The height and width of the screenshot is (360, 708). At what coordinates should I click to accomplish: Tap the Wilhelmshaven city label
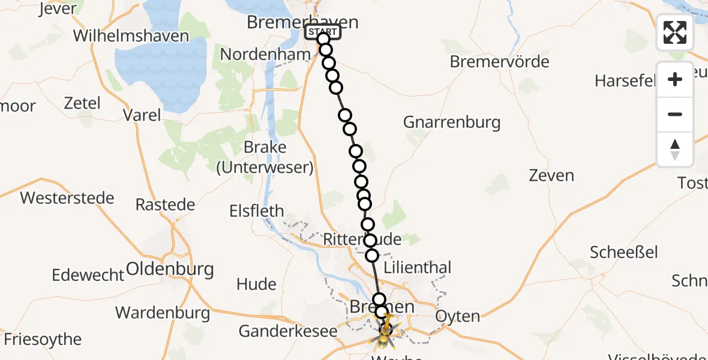[131, 35]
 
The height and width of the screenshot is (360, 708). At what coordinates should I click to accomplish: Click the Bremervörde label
[499, 61]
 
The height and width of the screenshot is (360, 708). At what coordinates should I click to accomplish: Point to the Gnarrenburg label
[451, 122]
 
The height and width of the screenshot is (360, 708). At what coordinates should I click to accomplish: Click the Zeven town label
[551, 176]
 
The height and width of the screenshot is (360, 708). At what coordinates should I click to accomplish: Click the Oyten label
[458, 316]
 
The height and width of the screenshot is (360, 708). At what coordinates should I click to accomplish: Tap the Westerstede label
[67, 197]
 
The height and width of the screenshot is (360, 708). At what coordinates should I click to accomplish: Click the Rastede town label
[165, 205]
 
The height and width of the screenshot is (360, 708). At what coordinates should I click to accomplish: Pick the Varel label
[142, 115]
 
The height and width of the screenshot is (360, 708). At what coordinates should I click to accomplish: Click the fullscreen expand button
[674, 32]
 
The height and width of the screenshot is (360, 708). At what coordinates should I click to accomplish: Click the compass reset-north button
[674, 149]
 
